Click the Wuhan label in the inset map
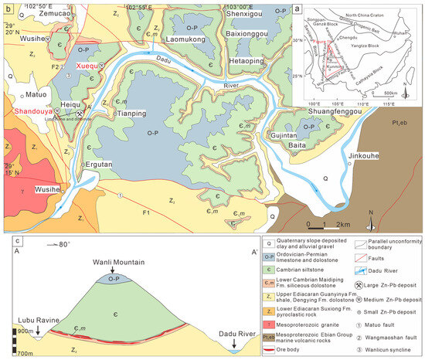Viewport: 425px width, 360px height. tap(403, 30)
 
